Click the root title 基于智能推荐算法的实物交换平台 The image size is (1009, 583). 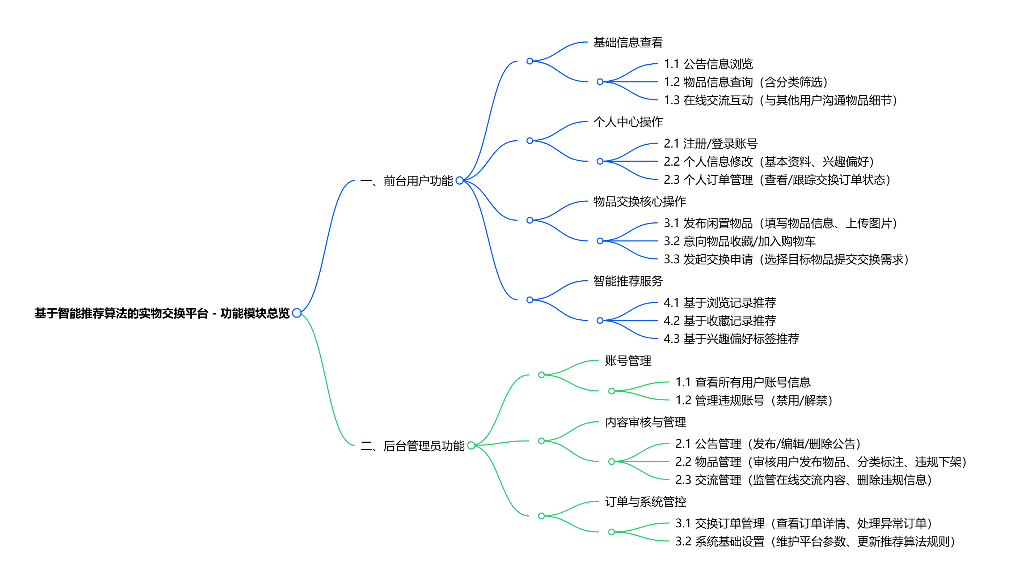tap(162, 313)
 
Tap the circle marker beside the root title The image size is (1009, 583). tap(297, 313)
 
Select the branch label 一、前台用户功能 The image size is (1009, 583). tap(406, 181)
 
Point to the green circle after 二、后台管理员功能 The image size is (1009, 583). tap(471, 445)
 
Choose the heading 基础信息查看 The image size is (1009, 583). tap(628, 42)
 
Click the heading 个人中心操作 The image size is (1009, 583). tap(628, 122)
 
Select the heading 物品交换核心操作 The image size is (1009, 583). tap(639, 201)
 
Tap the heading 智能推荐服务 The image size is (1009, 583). tap(628, 281)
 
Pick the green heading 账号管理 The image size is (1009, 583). tap(628, 361)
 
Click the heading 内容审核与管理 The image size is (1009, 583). tap(645, 422)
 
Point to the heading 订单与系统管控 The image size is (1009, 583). tap(645, 501)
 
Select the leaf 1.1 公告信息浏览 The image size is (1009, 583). tap(708, 64)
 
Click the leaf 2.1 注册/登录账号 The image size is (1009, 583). tap(711, 143)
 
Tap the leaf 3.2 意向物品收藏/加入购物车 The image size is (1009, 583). tap(739, 241)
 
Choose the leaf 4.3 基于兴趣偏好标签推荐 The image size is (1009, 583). tap(731, 339)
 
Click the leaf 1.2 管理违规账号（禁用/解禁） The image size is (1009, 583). tap(754, 400)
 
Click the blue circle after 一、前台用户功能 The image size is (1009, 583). tap(460, 181)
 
